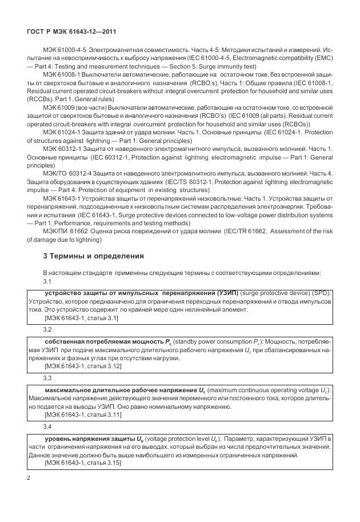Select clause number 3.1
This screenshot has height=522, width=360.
48,281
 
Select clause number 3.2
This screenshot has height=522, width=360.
48,330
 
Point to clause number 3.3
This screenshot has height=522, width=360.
48,378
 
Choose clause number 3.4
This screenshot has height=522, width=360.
48,427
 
